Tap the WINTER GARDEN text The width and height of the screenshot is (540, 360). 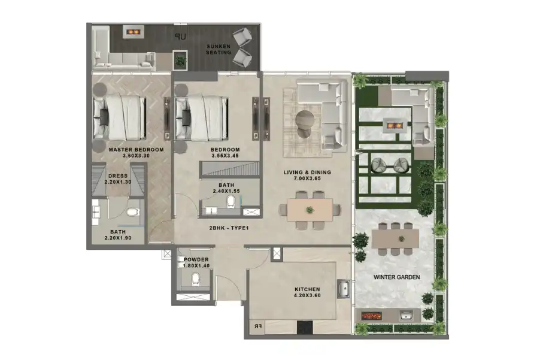[396, 277]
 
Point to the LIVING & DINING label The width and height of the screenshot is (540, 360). [307, 173]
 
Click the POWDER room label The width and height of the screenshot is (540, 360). [196, 259]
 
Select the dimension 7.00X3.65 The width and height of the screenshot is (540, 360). [307, 179]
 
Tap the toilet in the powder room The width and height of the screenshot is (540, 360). [194, 279]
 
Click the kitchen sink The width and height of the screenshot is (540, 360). [344, 289]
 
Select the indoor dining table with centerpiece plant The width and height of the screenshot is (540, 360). [310, 210]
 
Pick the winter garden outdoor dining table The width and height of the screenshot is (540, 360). [395, 238]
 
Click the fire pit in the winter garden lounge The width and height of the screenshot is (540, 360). [393, 125]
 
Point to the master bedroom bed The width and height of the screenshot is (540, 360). [120, 116]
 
